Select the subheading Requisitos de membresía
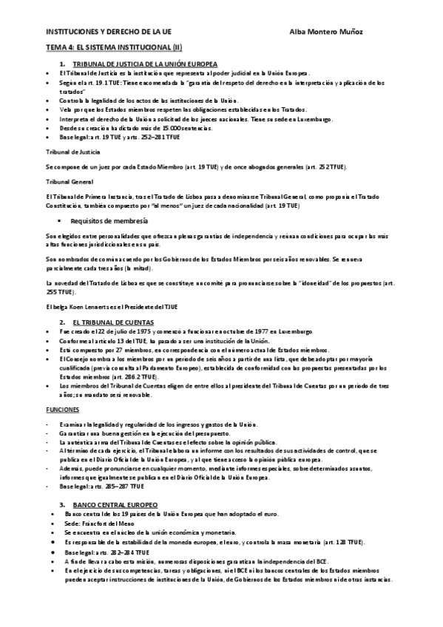coord(109,220)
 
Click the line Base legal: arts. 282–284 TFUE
coord(106,551)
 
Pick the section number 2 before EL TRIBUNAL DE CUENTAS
coord(63,323)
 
